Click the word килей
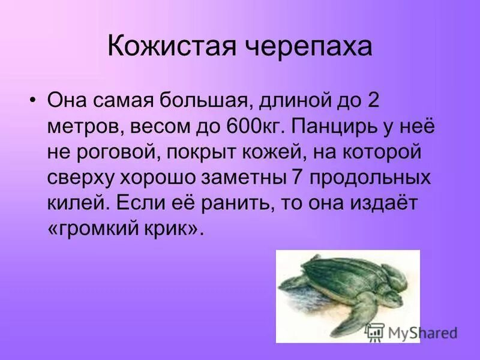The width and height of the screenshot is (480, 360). pos(77,203)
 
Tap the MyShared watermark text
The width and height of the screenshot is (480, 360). pos(422,332)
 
